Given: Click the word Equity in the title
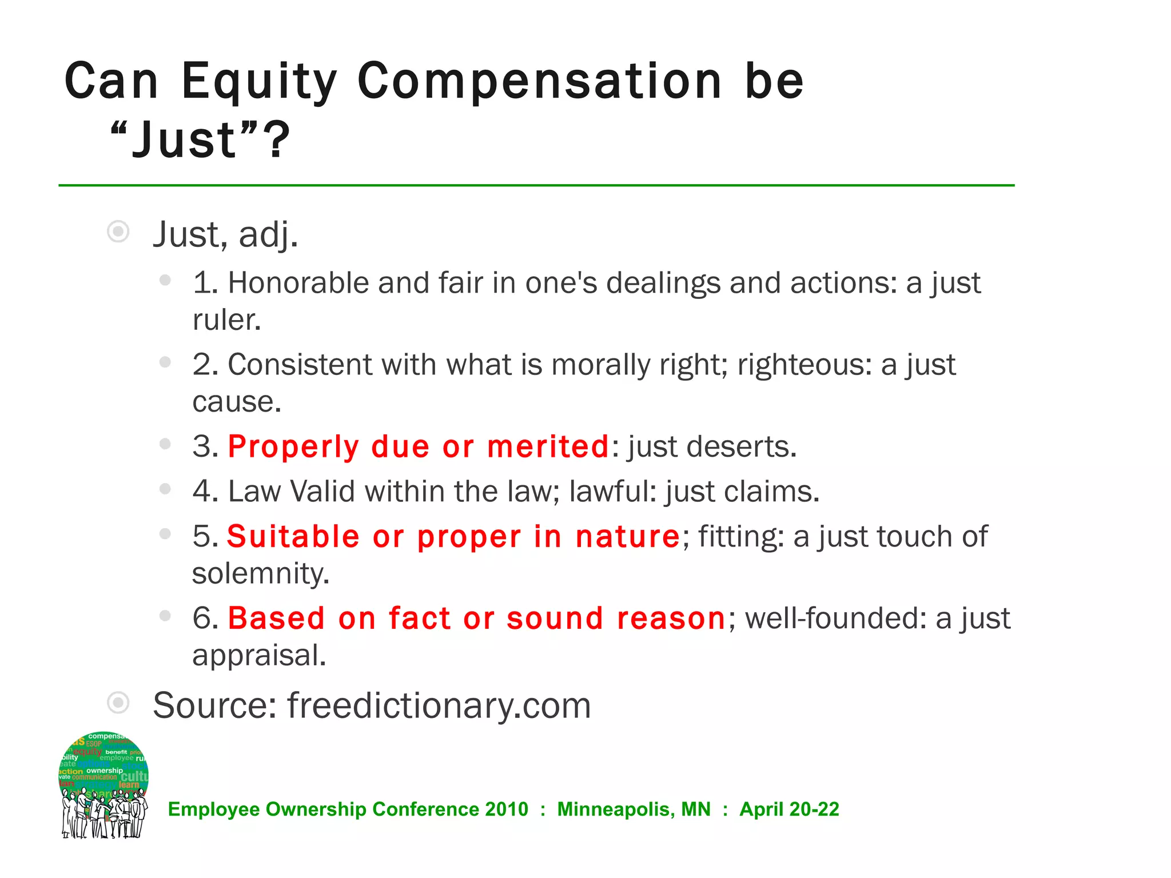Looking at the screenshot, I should click(x=259, y=81).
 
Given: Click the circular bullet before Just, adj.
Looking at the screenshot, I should click(x=118, y=232).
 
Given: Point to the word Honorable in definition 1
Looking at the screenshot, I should click(x=298, y=283).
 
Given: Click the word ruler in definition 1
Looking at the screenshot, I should click(x=226, y=320).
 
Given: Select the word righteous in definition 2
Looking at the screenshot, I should click(x=804, y=365).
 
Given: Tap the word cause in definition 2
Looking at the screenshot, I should click(x=236, y=402).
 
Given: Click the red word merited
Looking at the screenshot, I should click(x=548, y=446).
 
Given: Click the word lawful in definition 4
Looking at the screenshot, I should click(x=612, y=492).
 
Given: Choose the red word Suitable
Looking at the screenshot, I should click(x=293, y=537).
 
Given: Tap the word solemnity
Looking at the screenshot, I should click(x=261, y=573).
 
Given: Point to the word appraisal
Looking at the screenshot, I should click(x=258, y=655).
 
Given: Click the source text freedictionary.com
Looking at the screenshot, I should click(x=439, y=705).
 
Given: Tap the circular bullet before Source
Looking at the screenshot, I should click(x=118, y=703).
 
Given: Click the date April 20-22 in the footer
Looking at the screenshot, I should click(x=789, y=809).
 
